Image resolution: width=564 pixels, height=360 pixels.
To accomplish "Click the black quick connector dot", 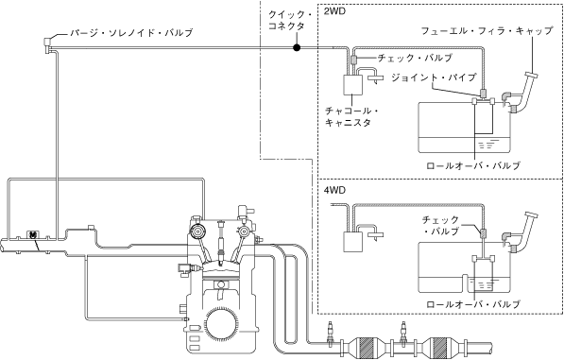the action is point(297,47).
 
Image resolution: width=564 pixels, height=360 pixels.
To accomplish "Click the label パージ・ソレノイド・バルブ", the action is point(131,33).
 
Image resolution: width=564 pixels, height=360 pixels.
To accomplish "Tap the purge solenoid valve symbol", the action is point(47,44).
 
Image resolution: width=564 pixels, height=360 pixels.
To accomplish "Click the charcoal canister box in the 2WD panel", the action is point(352,84).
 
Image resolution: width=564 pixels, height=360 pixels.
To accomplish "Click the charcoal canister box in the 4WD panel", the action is point(353,242).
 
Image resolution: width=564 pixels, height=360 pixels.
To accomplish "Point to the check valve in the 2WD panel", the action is point(353,59).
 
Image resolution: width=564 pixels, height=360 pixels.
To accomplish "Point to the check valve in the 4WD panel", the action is point(482,233).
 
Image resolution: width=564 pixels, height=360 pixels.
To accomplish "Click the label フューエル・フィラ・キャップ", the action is point(487,31).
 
